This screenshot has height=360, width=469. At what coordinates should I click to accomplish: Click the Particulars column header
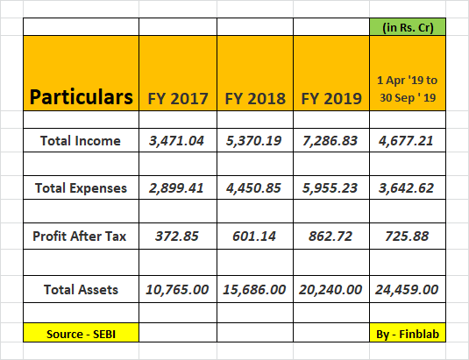(x=81, y=97)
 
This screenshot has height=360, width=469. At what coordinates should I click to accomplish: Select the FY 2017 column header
(x=178, y=99)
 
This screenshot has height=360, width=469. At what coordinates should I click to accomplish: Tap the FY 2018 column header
(x=255, y=99)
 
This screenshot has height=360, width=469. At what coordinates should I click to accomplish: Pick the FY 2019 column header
(x=331, y=99)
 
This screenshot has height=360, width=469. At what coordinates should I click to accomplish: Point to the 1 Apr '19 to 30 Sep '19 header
(x=408, y=89)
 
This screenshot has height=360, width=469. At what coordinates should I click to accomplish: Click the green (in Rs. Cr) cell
(x=408, y=27)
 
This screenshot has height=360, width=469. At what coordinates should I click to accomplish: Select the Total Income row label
(x=81, y=141)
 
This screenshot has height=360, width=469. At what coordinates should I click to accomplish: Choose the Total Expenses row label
(x=81, y=188)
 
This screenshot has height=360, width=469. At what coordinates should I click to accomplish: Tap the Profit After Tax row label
(x=80, y=236)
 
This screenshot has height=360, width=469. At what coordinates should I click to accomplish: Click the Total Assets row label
(x=81, y=290)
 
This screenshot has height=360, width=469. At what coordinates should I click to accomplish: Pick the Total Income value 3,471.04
(x=176, y=141)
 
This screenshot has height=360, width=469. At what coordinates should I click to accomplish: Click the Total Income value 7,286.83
(x=330, y=141)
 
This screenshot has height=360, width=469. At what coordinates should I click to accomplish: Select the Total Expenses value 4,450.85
(x=253, y=188)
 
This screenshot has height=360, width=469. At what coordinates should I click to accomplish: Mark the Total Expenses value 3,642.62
(x=406, y=188)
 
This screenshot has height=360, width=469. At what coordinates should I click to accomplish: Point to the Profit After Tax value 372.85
(x=177, y=236)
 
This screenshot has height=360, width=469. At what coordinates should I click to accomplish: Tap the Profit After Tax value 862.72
(x=330, y=236)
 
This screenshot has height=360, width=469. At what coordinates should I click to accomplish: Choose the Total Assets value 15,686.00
(x=254, y=290)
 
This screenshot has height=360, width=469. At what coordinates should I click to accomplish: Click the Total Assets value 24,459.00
(x=407, y=290)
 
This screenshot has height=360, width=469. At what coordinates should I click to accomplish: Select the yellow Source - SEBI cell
(x=81, y=333)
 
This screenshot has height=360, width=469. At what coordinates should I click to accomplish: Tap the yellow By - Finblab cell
(x=408, y=333)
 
